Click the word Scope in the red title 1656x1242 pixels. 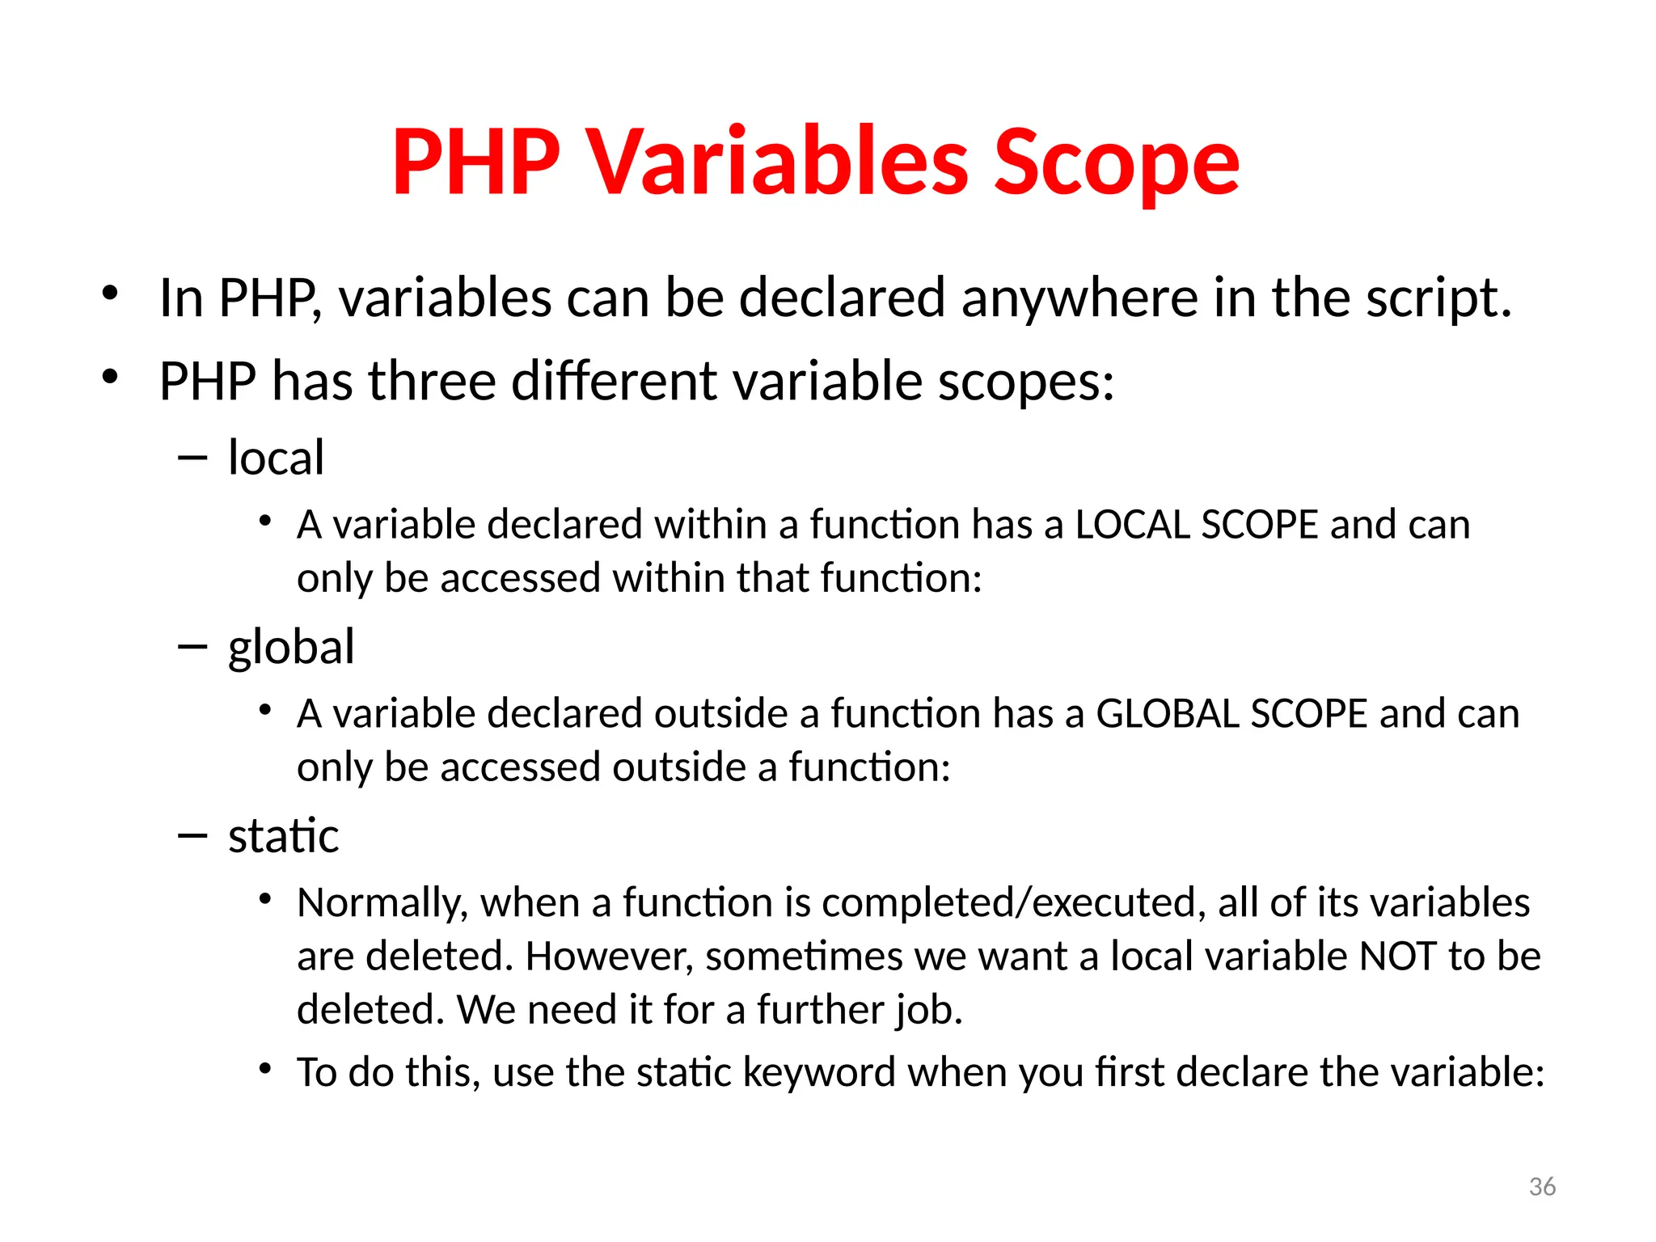click(1116, 164)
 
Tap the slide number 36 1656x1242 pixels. click(1542, 1187)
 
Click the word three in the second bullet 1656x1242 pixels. click(432, 381)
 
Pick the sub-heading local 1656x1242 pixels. click(276, 458)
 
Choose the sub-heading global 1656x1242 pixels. click(291, 647)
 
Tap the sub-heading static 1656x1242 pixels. click(283, 836)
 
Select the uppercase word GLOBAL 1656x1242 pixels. click(1166, 714)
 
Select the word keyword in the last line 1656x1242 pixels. click(818, 1073)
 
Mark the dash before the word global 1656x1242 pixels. click(192, 647)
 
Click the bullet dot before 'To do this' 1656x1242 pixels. click(265, 1069)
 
